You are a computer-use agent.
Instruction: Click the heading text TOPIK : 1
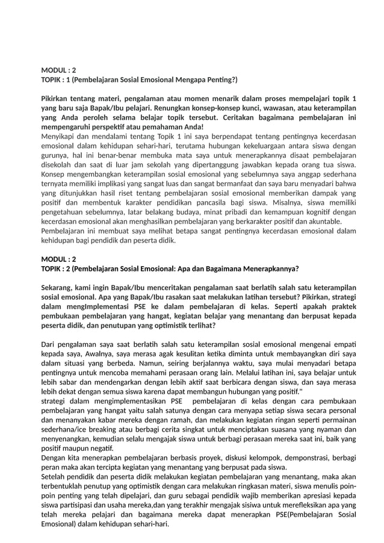(x=57, y=79)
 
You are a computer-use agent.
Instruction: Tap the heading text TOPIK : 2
(x=57, y=268)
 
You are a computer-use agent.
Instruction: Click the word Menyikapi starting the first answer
(x=58, y=137)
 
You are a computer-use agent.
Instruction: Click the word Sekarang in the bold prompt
(x=59, y=288)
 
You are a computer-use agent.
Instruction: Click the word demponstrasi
(x=279, y=458)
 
